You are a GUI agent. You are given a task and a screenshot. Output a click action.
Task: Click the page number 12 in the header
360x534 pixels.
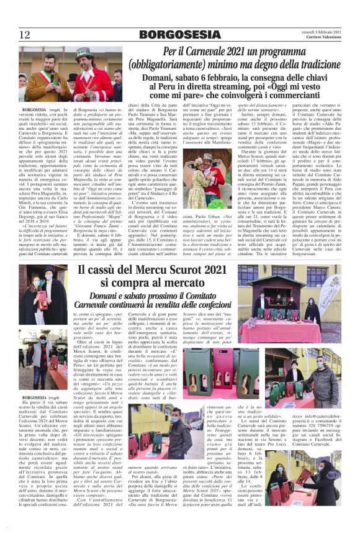coord(24,35)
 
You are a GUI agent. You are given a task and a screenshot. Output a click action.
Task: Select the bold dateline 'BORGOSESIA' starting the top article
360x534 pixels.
coord(36,109)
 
